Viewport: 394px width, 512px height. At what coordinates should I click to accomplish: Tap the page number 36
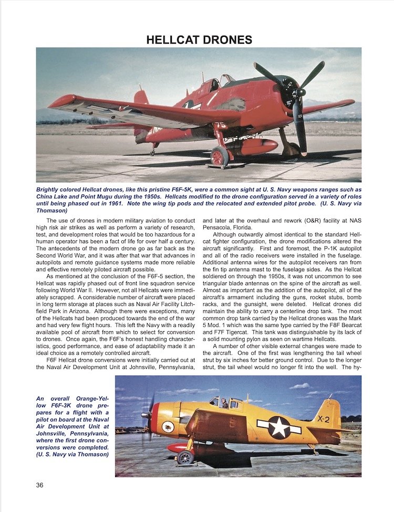point(40,485)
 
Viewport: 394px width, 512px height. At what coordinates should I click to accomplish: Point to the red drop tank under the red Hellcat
point(255,146)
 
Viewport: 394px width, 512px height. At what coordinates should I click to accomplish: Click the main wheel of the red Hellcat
point(220,156)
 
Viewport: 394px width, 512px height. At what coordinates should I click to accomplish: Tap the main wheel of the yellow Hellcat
point(185,457)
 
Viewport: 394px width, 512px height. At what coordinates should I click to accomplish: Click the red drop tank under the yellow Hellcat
point(177,448)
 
